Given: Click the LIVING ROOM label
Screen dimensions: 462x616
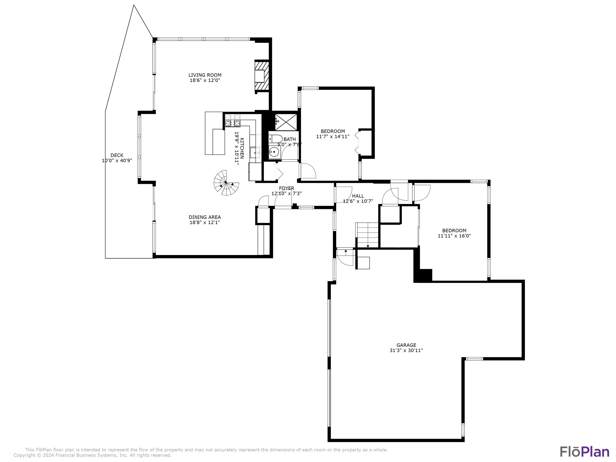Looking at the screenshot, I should click(x=205, y=75).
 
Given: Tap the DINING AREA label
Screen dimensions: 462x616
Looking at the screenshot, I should click(x=205, y=217).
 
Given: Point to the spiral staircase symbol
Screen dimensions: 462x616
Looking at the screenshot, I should click(x=226, y=183).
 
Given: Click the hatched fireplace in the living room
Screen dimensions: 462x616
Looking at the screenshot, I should click(x=262, y=76).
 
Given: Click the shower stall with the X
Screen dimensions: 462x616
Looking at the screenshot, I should click(x=286, y=122).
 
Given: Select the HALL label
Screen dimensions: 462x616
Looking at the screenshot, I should click(x=358, y=196).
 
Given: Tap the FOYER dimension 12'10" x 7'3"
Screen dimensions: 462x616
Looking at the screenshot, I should click(x=287, y=193).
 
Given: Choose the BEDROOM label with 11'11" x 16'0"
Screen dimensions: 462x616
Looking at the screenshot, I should click(x=454, y=230).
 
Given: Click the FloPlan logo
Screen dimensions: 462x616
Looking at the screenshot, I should click(x=584, y=451).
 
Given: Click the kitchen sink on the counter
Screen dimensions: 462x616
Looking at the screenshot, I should click(x=255, y=153).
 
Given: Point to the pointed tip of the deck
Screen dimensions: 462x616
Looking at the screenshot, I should click(x=134, y=5).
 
